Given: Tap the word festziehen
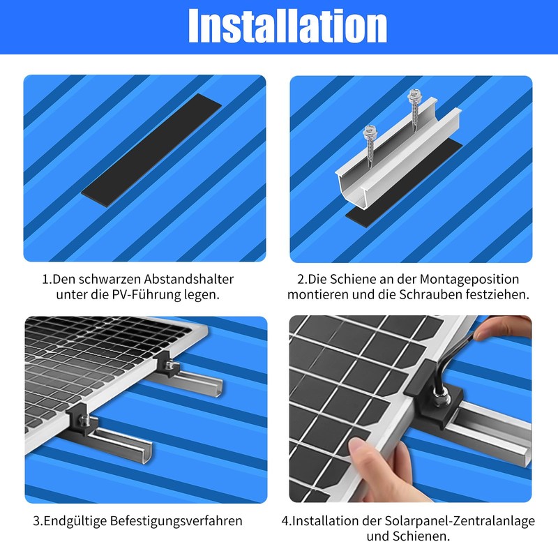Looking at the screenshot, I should [x=501, y=294].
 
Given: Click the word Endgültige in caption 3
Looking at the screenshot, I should [x=76, y=520].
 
